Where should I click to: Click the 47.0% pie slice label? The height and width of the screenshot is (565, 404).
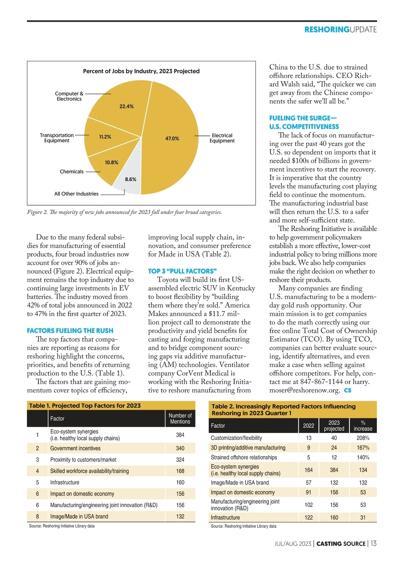pos(172,139)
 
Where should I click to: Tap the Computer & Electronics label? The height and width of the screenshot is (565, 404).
pos(69,96)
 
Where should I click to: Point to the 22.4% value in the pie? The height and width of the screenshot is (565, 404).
pos(127,107)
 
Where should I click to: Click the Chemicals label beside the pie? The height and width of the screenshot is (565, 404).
pos(72,172)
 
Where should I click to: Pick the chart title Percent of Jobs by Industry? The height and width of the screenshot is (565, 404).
pos(141,71)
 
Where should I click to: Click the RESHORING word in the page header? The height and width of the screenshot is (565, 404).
pos(327,30)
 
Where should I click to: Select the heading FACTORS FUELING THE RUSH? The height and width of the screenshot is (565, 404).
pos(70,331)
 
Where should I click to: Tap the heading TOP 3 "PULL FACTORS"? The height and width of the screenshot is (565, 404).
pos(182,271)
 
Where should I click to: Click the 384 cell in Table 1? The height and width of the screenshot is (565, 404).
pos(180,435)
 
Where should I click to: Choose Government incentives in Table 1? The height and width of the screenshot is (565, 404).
pos(75,448)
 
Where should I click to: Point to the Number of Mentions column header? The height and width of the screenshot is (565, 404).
pos(180,418)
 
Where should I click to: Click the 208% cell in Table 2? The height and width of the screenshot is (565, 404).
pos(363,438)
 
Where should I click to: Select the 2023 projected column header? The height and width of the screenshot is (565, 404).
pos(334,425)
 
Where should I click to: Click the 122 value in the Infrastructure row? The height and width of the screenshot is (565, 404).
pos(308,518)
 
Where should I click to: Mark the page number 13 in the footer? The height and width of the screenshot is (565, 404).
pos(373,543)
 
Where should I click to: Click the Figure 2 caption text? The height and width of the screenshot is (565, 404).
pos(125,212)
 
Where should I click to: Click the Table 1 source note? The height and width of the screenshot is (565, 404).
pos(62,526)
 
